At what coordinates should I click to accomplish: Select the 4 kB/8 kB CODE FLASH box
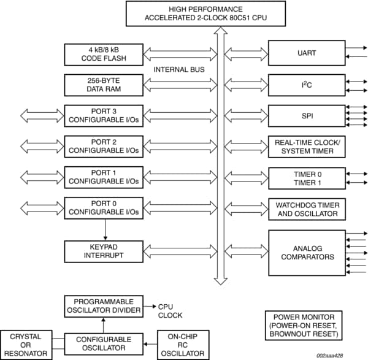(x=104, y=54)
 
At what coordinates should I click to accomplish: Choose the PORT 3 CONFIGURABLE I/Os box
(x=104, y=115)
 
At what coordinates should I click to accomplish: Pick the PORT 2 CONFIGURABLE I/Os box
(x=104, y=146)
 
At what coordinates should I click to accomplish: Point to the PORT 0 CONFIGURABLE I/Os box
(x=104, y=208)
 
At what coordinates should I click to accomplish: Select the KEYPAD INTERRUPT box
(x=104, y=251)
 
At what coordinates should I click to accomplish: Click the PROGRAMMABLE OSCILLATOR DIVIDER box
(x=104, y=305)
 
